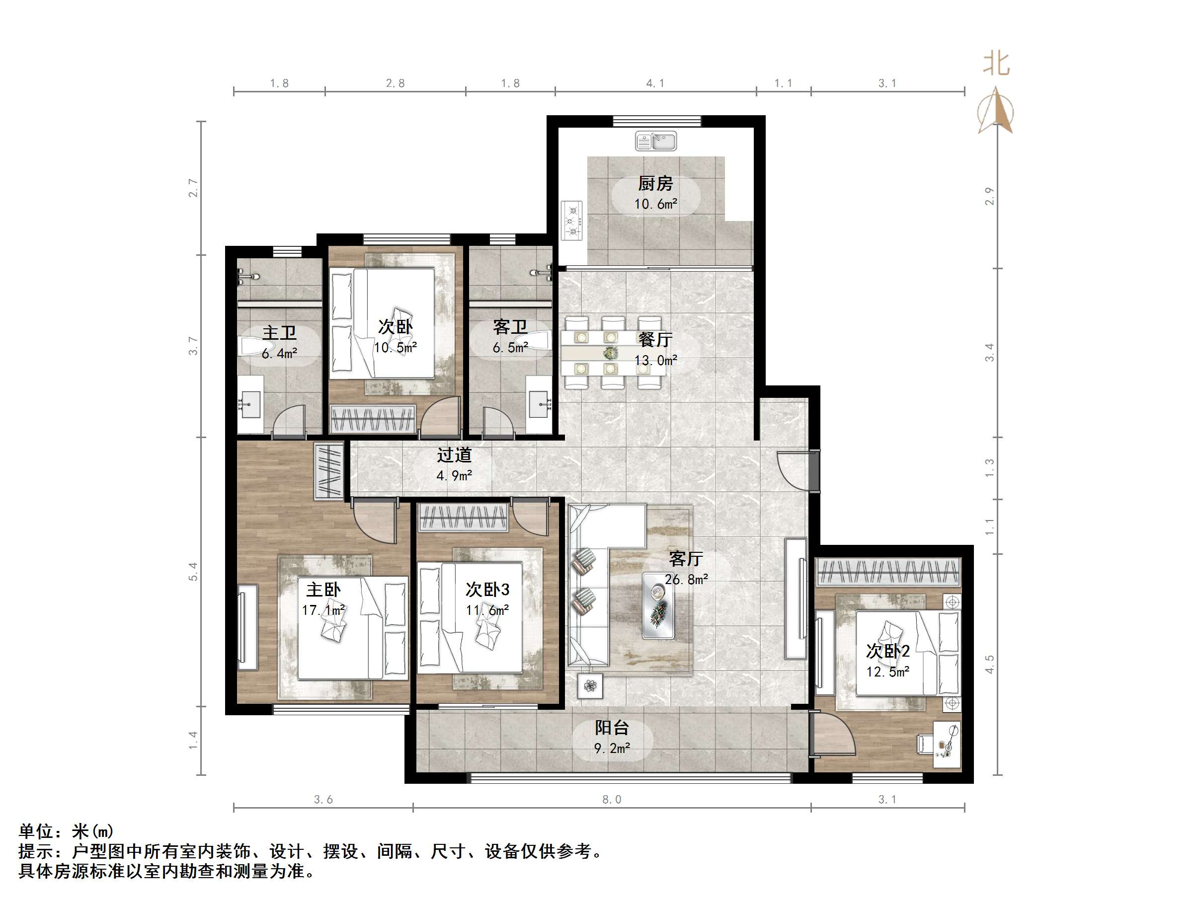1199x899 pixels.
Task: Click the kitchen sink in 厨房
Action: [656, 142]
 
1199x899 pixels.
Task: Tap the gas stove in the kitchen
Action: [572, 221]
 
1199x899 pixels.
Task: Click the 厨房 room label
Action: [655, 184]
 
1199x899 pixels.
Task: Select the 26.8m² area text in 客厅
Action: [686, 579]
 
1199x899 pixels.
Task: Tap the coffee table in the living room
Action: [658, 605]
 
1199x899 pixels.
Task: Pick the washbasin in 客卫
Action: [539, 404]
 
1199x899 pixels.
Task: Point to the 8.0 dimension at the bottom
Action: [611, 799]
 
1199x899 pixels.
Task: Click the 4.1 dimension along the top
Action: [655, 83]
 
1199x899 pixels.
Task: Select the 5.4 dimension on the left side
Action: [193, 572]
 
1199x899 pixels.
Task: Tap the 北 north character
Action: [996, 64]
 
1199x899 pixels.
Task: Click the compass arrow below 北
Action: [996, 112]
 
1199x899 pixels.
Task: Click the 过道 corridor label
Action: [454, 454]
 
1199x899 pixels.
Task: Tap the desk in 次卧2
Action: [947, 745]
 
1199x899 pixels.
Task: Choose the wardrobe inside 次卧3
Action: [464, 518]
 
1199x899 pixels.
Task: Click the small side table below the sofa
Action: [590, 686]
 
